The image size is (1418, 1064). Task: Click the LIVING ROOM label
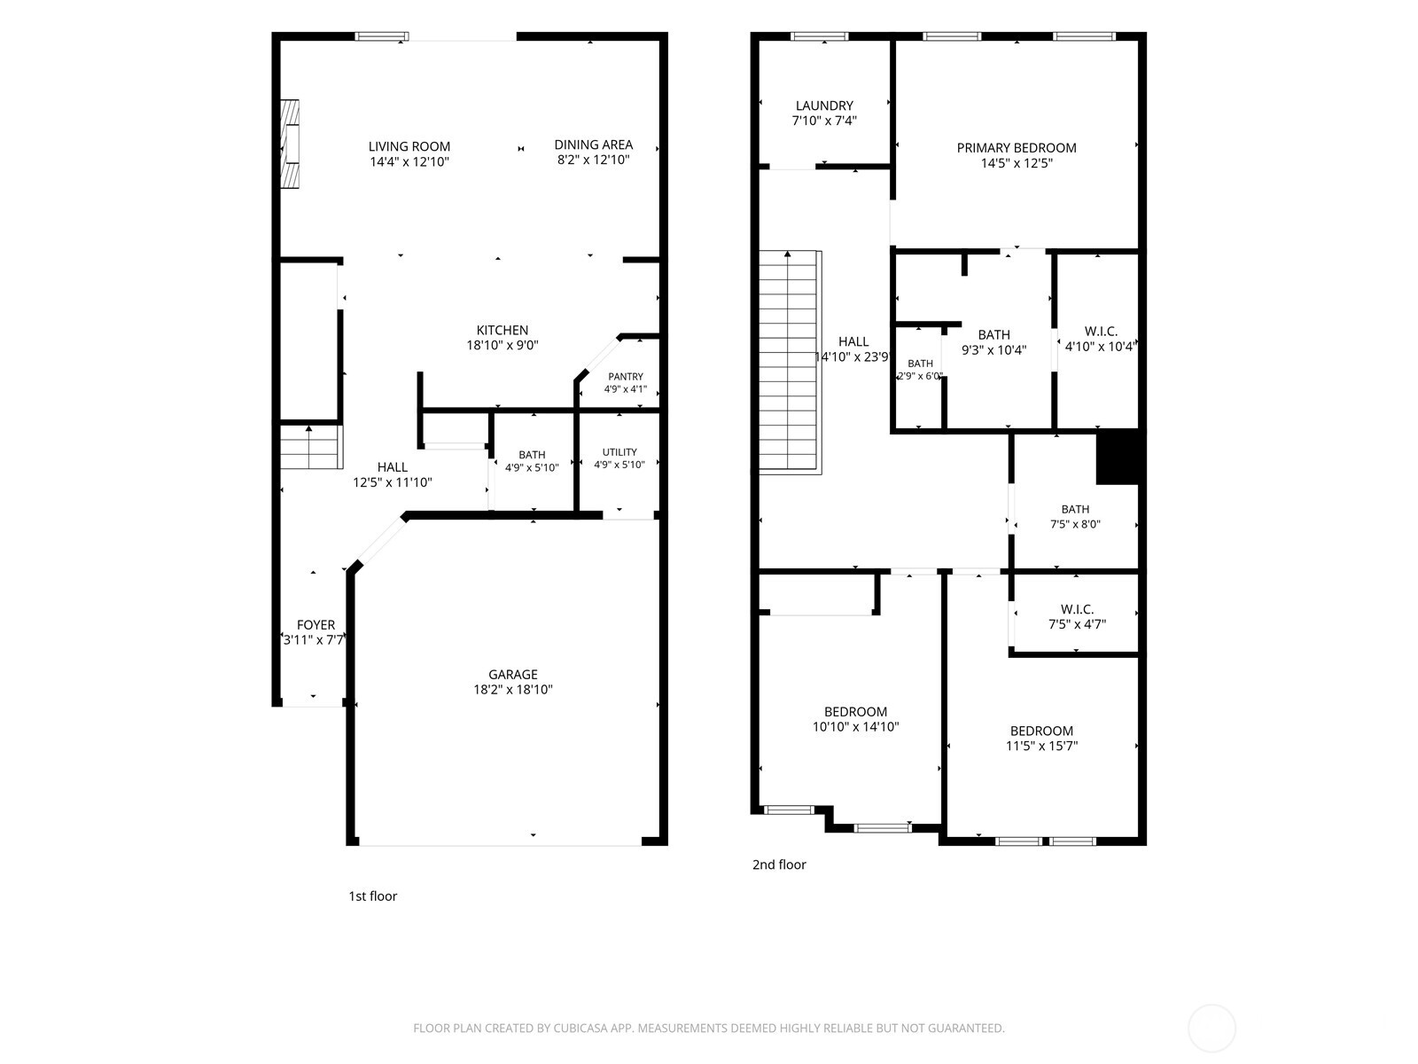(409, 146)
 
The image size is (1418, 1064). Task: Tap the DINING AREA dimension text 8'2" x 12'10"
(593, 160)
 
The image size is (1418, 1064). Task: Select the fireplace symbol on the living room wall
(290, 144)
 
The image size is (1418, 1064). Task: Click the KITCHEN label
(502, 330)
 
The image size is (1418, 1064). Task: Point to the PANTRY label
(626, 377)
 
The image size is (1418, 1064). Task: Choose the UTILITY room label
(619, 452)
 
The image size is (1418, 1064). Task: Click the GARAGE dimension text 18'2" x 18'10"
(513, 689)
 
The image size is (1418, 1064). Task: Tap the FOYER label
(316, 625)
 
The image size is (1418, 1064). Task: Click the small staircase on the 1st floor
(311, 447)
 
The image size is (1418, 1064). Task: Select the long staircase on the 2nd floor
(790, 363)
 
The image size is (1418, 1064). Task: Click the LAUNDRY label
(824, 106)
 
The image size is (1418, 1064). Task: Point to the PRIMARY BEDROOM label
(1017, 148)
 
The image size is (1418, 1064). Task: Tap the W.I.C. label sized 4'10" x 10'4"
(1101, 332)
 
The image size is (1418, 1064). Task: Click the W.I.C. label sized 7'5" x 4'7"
(1077, 609)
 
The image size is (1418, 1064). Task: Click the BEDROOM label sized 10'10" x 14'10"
(855, 712)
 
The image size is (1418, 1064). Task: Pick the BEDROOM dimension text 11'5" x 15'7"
(1041, 746)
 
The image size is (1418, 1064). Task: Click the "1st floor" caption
(373, 896)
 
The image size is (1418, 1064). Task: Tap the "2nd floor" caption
(779, 864)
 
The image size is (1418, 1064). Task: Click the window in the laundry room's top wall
(820, 36)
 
